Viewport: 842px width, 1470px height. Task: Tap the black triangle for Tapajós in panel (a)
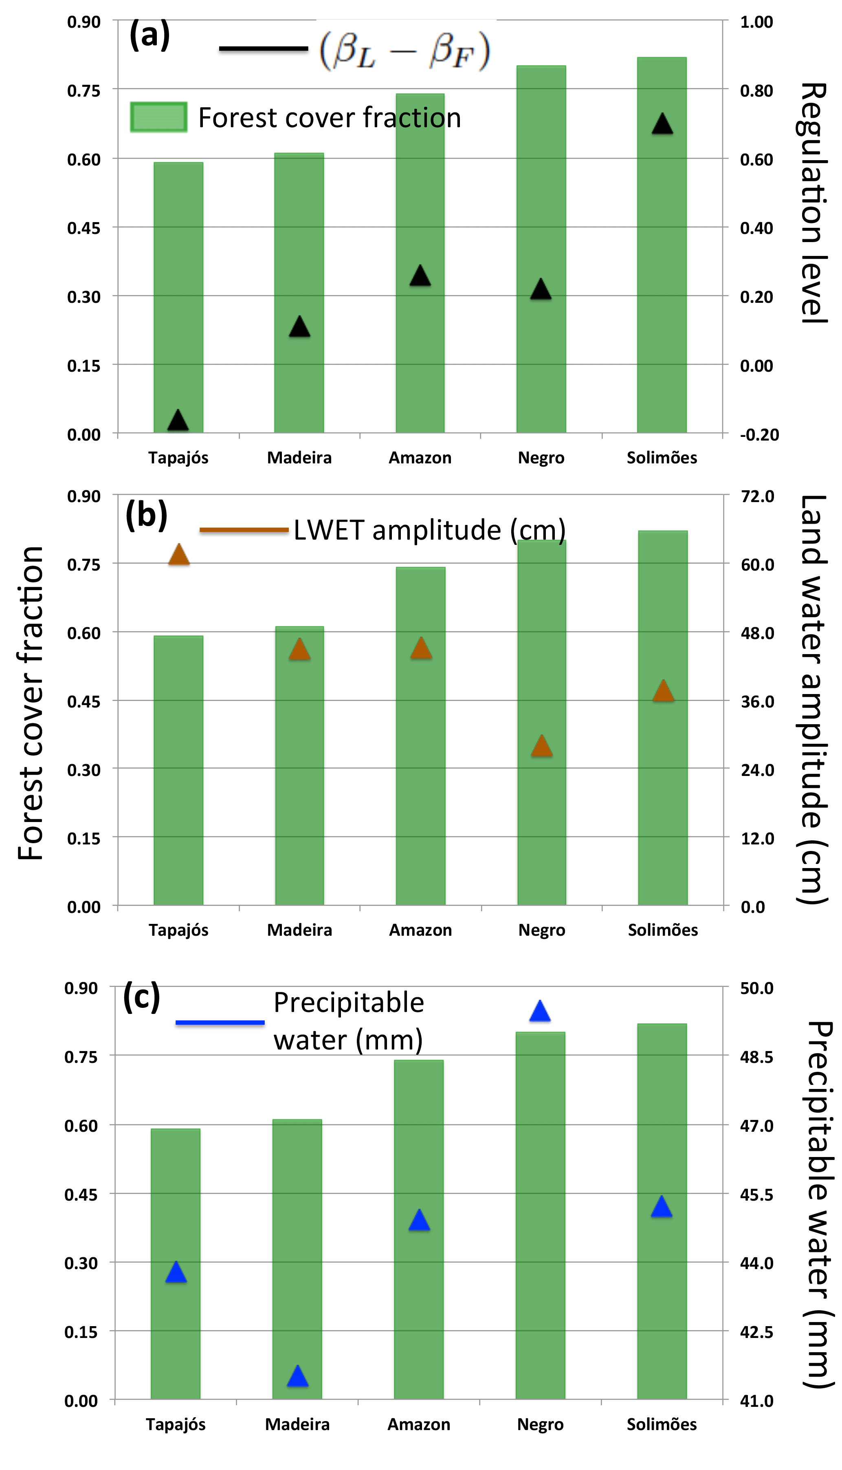point(178,421)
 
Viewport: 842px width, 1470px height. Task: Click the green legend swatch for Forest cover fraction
point(158,117)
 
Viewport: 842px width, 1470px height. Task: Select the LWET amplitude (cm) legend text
point(429,530)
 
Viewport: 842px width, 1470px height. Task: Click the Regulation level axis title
point(813,203)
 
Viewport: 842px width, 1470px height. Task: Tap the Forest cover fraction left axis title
point(30,703)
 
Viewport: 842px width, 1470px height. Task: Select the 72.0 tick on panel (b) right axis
point(757,496)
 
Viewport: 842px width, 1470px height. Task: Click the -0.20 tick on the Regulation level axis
point(759,434)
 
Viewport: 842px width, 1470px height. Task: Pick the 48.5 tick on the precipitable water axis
point(756,1057)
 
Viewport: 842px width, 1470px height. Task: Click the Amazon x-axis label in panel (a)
point(420,458)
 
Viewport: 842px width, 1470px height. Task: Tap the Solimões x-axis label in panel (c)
point(662,1424)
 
